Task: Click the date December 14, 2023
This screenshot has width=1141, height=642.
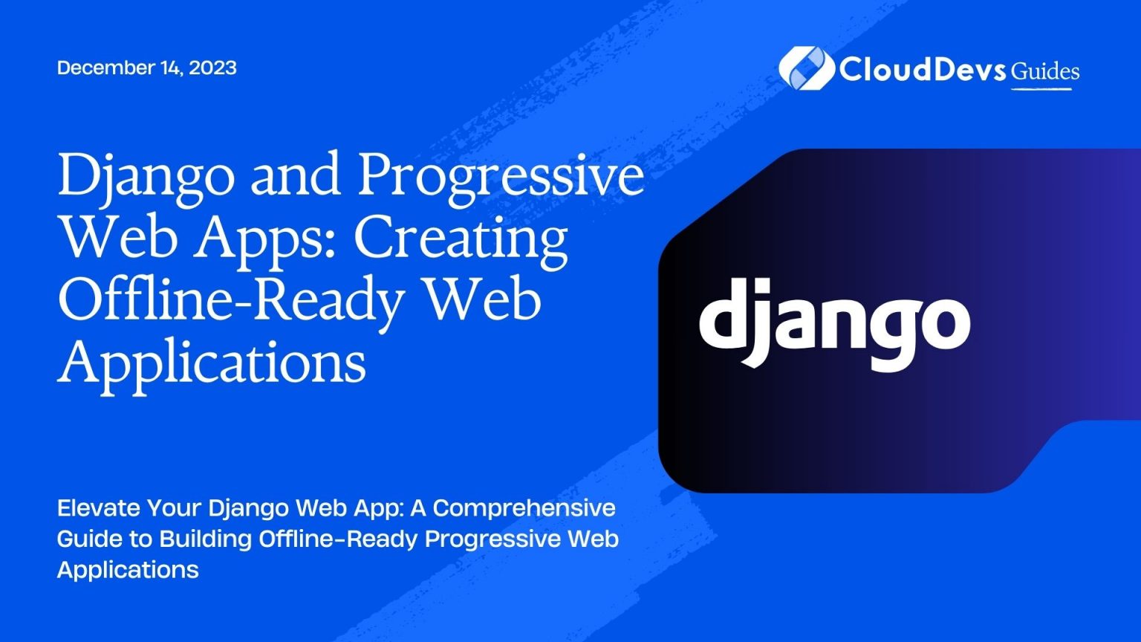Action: click(146, 68)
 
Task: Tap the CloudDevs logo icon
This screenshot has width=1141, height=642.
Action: click(804, 68)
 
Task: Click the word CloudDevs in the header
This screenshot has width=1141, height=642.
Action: click(923, 69)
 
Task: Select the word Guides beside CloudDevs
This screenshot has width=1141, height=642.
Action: click(1045, 71)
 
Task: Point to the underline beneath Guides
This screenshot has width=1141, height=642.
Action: click(1041, 89)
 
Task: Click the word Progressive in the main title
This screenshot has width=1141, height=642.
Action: click(501, 175)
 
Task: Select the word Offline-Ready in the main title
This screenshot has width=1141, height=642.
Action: click(231, 300)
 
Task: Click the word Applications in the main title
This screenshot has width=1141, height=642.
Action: click(212, 363)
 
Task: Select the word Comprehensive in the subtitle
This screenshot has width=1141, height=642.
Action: click(524, 508)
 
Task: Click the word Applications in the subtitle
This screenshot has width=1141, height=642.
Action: click(128, 570)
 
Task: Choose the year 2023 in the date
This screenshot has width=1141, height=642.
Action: click(212, 68)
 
